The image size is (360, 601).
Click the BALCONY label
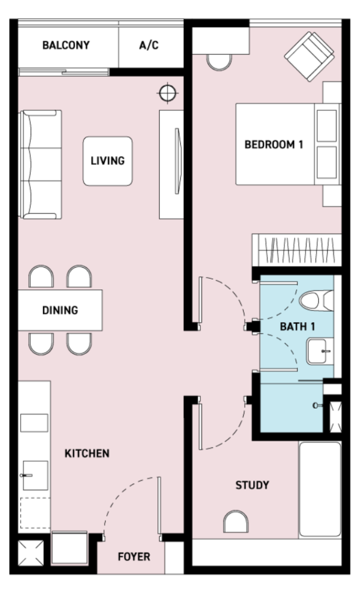pos(66,45)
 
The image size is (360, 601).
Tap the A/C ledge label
pos(149,45)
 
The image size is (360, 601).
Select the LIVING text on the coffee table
pos(107,161)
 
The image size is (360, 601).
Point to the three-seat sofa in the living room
pos(41,164)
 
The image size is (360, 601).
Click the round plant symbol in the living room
pos(167,93)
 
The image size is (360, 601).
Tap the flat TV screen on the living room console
pos(177,161)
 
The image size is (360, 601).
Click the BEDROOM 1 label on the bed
pos(274,144)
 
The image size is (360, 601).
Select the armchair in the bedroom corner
pos(309,56)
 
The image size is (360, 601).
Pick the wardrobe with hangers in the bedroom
pos(297,250)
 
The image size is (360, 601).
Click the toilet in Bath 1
pos(317,300)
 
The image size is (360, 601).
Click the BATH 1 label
pos(298,326)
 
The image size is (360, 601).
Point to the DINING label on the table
pos(60,310)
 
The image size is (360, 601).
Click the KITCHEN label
pos(87,454)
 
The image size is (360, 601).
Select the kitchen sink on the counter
pos(35,475)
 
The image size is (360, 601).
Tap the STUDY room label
pos(253,485)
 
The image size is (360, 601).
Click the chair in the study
pos(235,522)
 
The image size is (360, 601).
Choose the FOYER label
pos(134,556)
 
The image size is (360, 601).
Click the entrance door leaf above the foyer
pos(159,505)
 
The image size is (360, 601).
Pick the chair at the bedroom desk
pos(219,62)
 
